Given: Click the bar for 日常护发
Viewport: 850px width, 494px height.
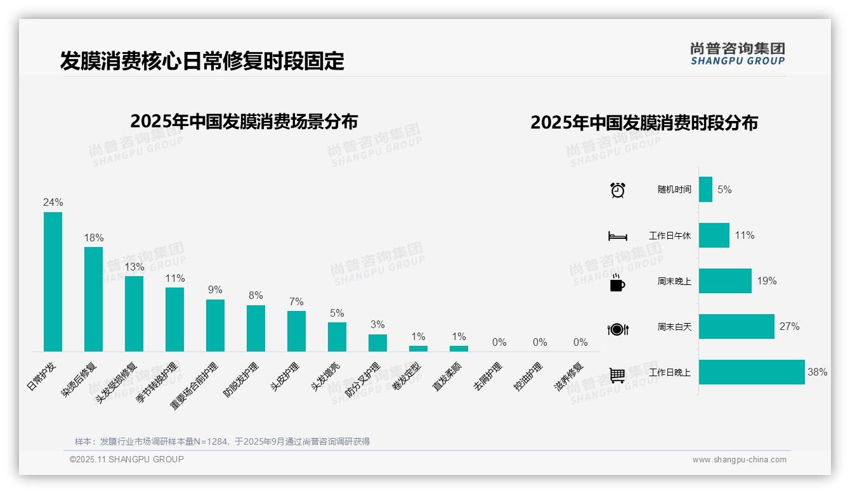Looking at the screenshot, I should coord(53,281).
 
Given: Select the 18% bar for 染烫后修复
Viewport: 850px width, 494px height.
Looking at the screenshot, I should coord(93,299).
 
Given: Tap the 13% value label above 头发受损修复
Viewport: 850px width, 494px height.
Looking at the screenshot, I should coord(134,267).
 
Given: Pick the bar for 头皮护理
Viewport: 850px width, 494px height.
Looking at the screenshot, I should coord(296,331).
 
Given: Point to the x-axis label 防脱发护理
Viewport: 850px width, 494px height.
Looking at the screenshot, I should coord(242,379).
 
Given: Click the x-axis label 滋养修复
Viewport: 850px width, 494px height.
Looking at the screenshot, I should coord(568,376).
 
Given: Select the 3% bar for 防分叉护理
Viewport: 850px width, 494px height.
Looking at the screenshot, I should coord(377,343).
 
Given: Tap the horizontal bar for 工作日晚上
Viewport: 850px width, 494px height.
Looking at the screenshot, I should coord(751,372).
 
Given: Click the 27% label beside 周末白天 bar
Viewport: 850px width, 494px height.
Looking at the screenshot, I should coord(790,327).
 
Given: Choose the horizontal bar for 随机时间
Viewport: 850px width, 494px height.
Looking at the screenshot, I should coord(705,189).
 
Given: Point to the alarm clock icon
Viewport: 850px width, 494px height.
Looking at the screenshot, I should coord(618,189).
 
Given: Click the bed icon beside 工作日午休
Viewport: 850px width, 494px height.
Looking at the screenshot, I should coord(618,236).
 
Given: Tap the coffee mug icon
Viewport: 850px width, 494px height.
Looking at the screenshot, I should coord(617,283).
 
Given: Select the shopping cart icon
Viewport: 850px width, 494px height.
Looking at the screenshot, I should coord(617,375).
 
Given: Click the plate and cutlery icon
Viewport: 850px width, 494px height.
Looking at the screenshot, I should coord(618,329).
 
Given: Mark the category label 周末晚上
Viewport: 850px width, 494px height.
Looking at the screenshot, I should coord(674,281).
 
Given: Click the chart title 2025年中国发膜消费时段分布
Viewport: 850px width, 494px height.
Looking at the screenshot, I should coord(644,123).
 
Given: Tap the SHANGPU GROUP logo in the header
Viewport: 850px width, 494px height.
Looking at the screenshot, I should coord(737,54).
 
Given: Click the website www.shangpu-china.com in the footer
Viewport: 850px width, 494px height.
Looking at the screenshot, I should coord(739,460).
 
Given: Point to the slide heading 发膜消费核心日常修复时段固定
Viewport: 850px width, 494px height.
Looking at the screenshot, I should coord(202,61).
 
